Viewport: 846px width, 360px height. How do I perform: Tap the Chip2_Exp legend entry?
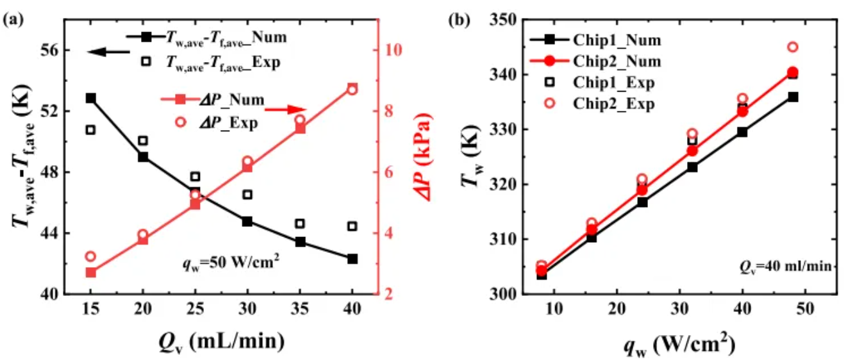click(596, 104)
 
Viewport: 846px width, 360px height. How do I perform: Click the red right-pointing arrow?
click(285, 110)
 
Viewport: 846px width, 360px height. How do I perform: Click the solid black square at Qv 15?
click(91, 98)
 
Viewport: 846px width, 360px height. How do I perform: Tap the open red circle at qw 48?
click(792, 47)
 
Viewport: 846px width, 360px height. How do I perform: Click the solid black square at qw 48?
click(793, 97)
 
